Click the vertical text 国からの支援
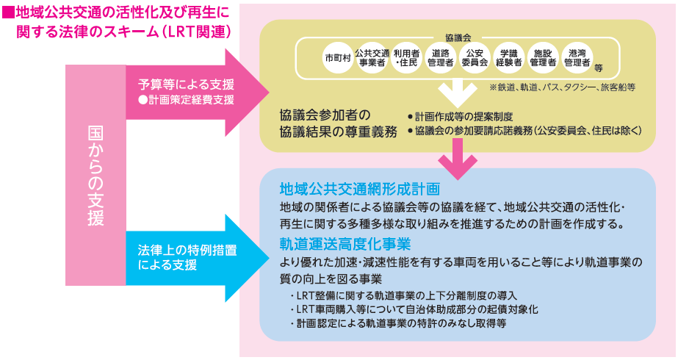(95, 175)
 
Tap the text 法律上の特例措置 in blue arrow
(186, 249)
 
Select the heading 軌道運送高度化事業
(345, 243)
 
